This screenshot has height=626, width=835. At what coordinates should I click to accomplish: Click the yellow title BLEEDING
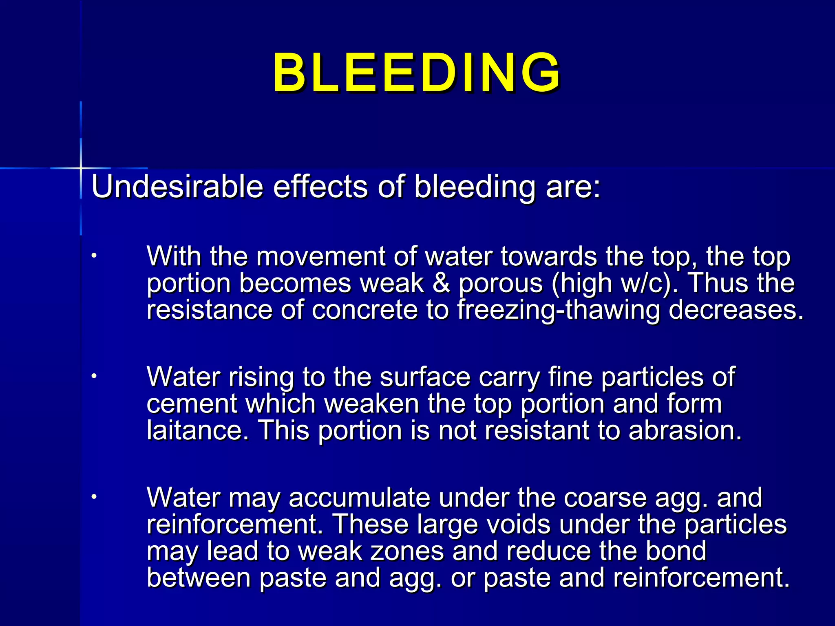(416, 73)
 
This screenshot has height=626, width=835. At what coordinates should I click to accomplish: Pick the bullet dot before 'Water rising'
(94, 376)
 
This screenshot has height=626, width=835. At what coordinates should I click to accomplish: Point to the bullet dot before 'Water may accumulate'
(94, 497)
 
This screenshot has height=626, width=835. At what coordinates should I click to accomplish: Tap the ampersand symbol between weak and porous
(441, 283)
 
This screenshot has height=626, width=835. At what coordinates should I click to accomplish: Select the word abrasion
(685, 430)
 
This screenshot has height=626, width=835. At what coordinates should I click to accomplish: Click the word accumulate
(359, 498)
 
